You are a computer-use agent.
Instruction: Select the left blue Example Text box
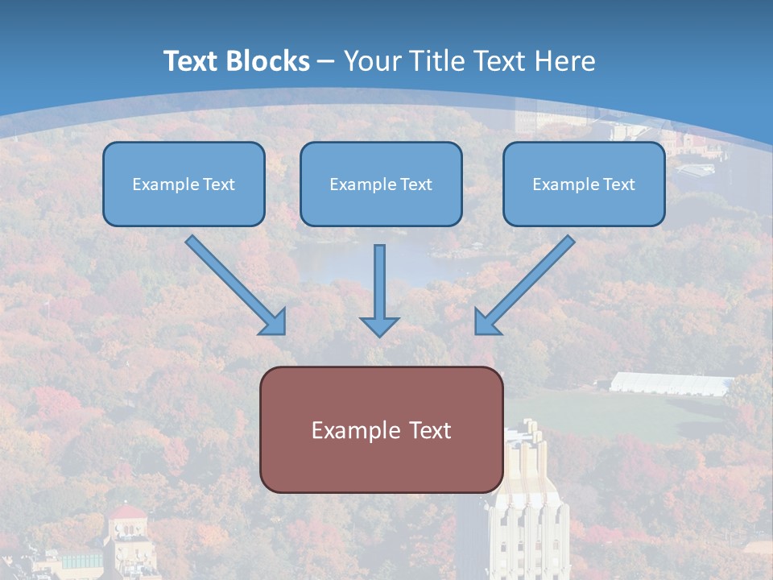[x=184, y=184]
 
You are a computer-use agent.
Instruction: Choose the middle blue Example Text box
[x=381, y=184]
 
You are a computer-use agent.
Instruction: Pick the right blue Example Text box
[x=584, y=184]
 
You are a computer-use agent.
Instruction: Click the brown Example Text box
[x=381, y=429]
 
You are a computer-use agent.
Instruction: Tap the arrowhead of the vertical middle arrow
[x=379, y=325]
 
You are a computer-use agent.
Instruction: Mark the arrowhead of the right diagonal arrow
[x=487, y=321]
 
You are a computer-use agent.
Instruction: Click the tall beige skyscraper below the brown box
[x=527, y=516]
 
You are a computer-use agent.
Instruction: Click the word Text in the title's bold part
[x=193, y=61]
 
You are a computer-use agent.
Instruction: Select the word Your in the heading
[x=373, y=61]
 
